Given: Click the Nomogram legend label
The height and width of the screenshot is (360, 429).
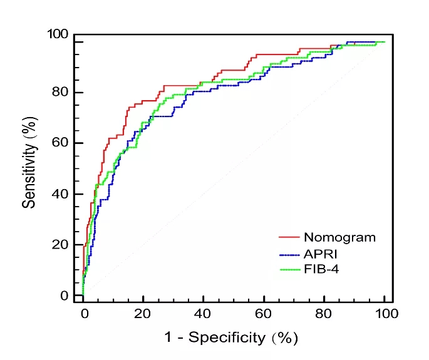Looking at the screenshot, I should tap(339, 237).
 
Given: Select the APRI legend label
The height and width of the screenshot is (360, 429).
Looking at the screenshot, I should tap(321, 254).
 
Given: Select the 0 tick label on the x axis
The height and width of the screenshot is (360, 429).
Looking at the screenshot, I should tap(85, 314).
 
